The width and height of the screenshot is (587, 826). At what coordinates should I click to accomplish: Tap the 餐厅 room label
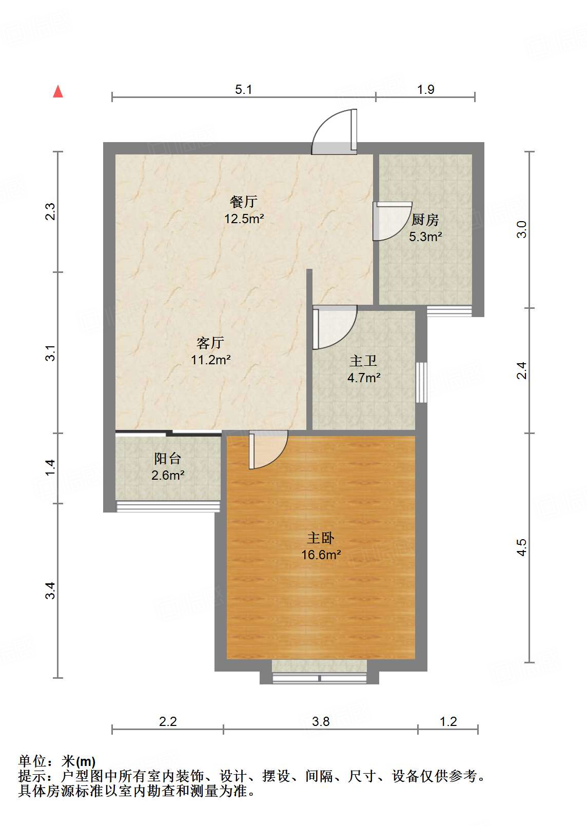click(x=243, y=201)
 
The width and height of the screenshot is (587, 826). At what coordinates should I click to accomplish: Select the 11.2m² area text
click(x=211, y=360)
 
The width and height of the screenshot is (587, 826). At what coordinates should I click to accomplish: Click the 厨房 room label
click(x=425, y=220)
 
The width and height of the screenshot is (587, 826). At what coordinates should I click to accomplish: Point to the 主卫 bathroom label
click(x=363, y=361)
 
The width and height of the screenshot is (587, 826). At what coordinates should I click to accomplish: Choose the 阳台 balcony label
click(x=167, y=458)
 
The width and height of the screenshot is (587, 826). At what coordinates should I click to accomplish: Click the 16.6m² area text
click(x=321, y=555)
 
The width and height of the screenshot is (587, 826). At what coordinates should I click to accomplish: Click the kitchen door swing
click(x=391, y=221)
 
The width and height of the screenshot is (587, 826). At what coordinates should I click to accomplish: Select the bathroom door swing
click(x=334, y=327)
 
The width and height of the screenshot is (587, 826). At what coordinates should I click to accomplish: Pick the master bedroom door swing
click(x=267, y=449)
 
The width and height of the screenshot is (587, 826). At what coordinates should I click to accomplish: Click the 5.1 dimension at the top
click(x=244, y=90)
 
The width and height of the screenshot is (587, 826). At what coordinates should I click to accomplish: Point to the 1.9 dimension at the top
click(x=425, y=90)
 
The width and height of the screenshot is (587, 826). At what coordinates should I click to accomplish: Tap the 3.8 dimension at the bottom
click(x=321, y=722)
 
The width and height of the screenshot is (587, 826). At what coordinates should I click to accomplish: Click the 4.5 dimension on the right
click(x=522, y=547)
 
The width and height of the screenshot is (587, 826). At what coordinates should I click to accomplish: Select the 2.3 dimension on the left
click(x=50, y=212)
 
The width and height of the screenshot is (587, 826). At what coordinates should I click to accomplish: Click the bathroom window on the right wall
click(x=421, y=382)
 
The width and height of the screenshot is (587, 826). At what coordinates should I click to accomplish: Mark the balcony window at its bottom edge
click(x=168, y=507)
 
